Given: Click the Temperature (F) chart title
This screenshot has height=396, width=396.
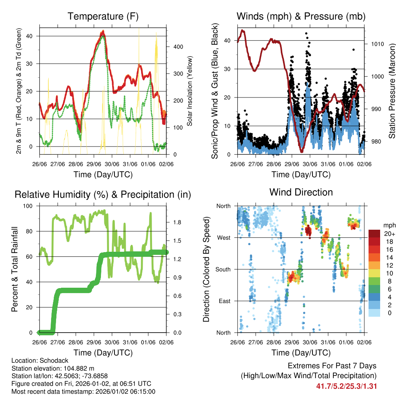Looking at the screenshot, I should point(103,17).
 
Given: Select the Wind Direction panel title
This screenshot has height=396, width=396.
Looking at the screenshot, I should point(301,192).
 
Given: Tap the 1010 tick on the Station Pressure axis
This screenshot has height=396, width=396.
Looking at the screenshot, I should point(377,44).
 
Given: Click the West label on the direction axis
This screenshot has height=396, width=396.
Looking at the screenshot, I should point(224,238).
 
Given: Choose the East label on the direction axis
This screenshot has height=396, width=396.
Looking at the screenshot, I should point(224,301).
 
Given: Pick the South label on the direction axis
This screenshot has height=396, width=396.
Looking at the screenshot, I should point(223,270).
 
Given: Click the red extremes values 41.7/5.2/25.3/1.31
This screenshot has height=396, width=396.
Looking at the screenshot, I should point(346,386).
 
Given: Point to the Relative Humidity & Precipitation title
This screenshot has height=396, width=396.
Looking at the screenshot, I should point(103,195).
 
